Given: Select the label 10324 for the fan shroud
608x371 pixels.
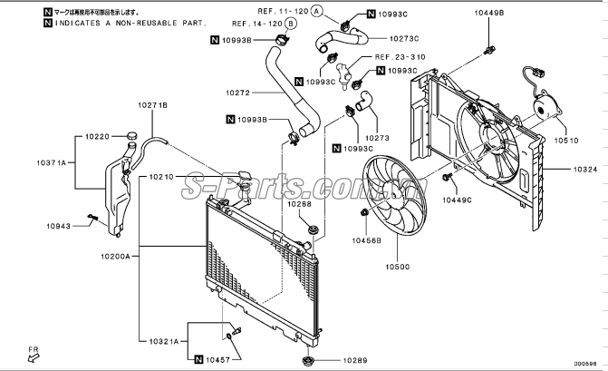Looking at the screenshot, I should [x=584, y=169].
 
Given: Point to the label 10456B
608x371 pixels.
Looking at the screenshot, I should [x=367, y=240].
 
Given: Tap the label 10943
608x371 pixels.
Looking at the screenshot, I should [x=60, y=226].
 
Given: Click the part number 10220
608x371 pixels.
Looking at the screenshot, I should [x=97, y=136].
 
